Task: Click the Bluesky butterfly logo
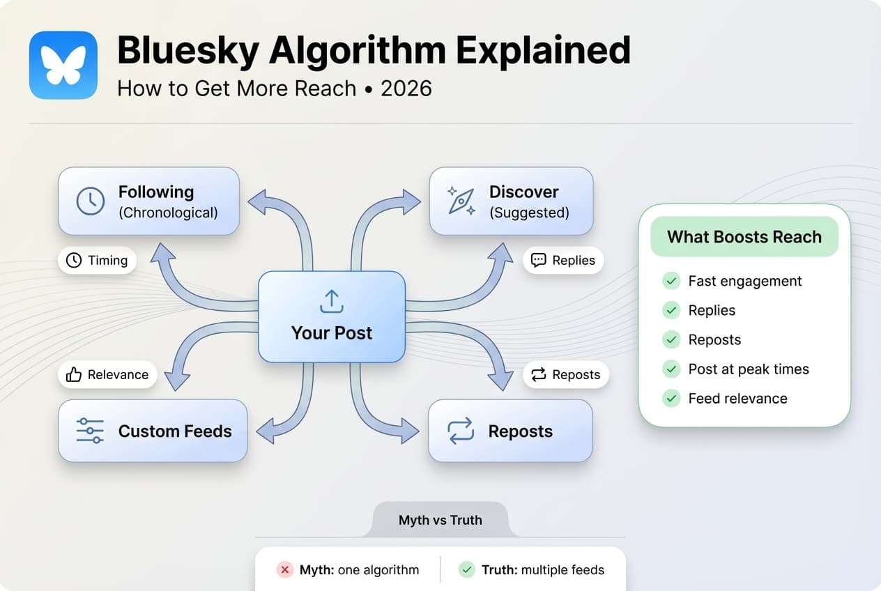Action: coord(63,65)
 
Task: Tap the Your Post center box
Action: coord(332,317)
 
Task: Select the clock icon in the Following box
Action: coord(91,201)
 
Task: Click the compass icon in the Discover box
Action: coord(461,201)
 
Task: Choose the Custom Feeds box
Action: coord(153,431)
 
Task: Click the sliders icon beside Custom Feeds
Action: coord(90,431)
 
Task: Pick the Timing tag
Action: coord(97,261)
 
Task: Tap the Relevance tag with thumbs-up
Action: coord(107,375)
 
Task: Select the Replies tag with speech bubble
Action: coord(563,261)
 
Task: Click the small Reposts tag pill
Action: coord(566,375)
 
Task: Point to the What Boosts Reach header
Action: coord(744,237)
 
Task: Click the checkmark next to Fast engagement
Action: coord(671,281)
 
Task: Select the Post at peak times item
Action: coord(748,369)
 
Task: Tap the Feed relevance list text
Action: coord(737,399)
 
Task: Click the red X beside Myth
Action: coord(284,570)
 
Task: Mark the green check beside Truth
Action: coord(466,570)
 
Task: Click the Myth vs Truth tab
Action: coord(440,520)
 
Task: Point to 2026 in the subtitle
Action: coord(406,89)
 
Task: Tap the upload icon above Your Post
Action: coord(331,302)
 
